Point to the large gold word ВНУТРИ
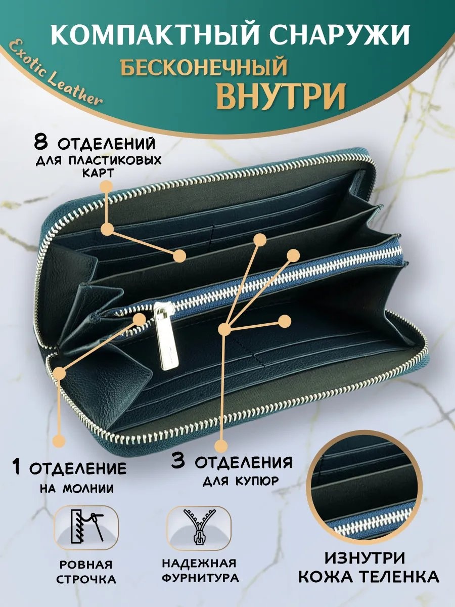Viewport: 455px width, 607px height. tap(281, 96)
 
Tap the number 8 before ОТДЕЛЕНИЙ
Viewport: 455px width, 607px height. tap(41, 142)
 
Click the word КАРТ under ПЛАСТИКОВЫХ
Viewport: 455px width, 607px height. tap(98, 173)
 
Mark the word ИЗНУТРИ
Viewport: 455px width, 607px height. tap(365, 565)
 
